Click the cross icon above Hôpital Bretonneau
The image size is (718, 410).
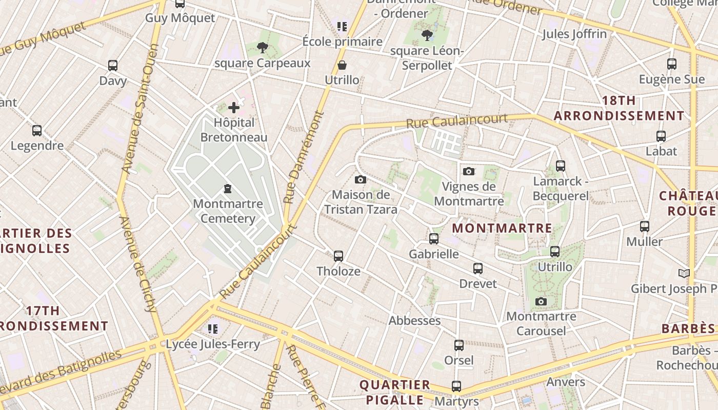234,108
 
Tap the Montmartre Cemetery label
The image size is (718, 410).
228,211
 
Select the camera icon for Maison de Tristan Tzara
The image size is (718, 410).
361,179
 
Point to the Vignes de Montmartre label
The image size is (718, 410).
469,194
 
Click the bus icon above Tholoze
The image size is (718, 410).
338,256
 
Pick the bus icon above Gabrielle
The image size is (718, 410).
434,238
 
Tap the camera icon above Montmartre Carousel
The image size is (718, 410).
541,301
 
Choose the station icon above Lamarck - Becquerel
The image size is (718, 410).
561,166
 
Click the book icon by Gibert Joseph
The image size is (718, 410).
684,273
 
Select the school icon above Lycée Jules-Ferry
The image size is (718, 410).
213,329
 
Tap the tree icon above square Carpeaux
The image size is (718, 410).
263,48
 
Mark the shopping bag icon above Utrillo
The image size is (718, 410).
342,65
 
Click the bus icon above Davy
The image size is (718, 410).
113,66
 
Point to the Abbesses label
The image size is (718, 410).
414,321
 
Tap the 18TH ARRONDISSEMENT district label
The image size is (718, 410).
619,108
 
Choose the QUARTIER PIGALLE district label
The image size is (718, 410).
394,392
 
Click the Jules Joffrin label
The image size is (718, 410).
574,34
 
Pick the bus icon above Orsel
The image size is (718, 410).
459,345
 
